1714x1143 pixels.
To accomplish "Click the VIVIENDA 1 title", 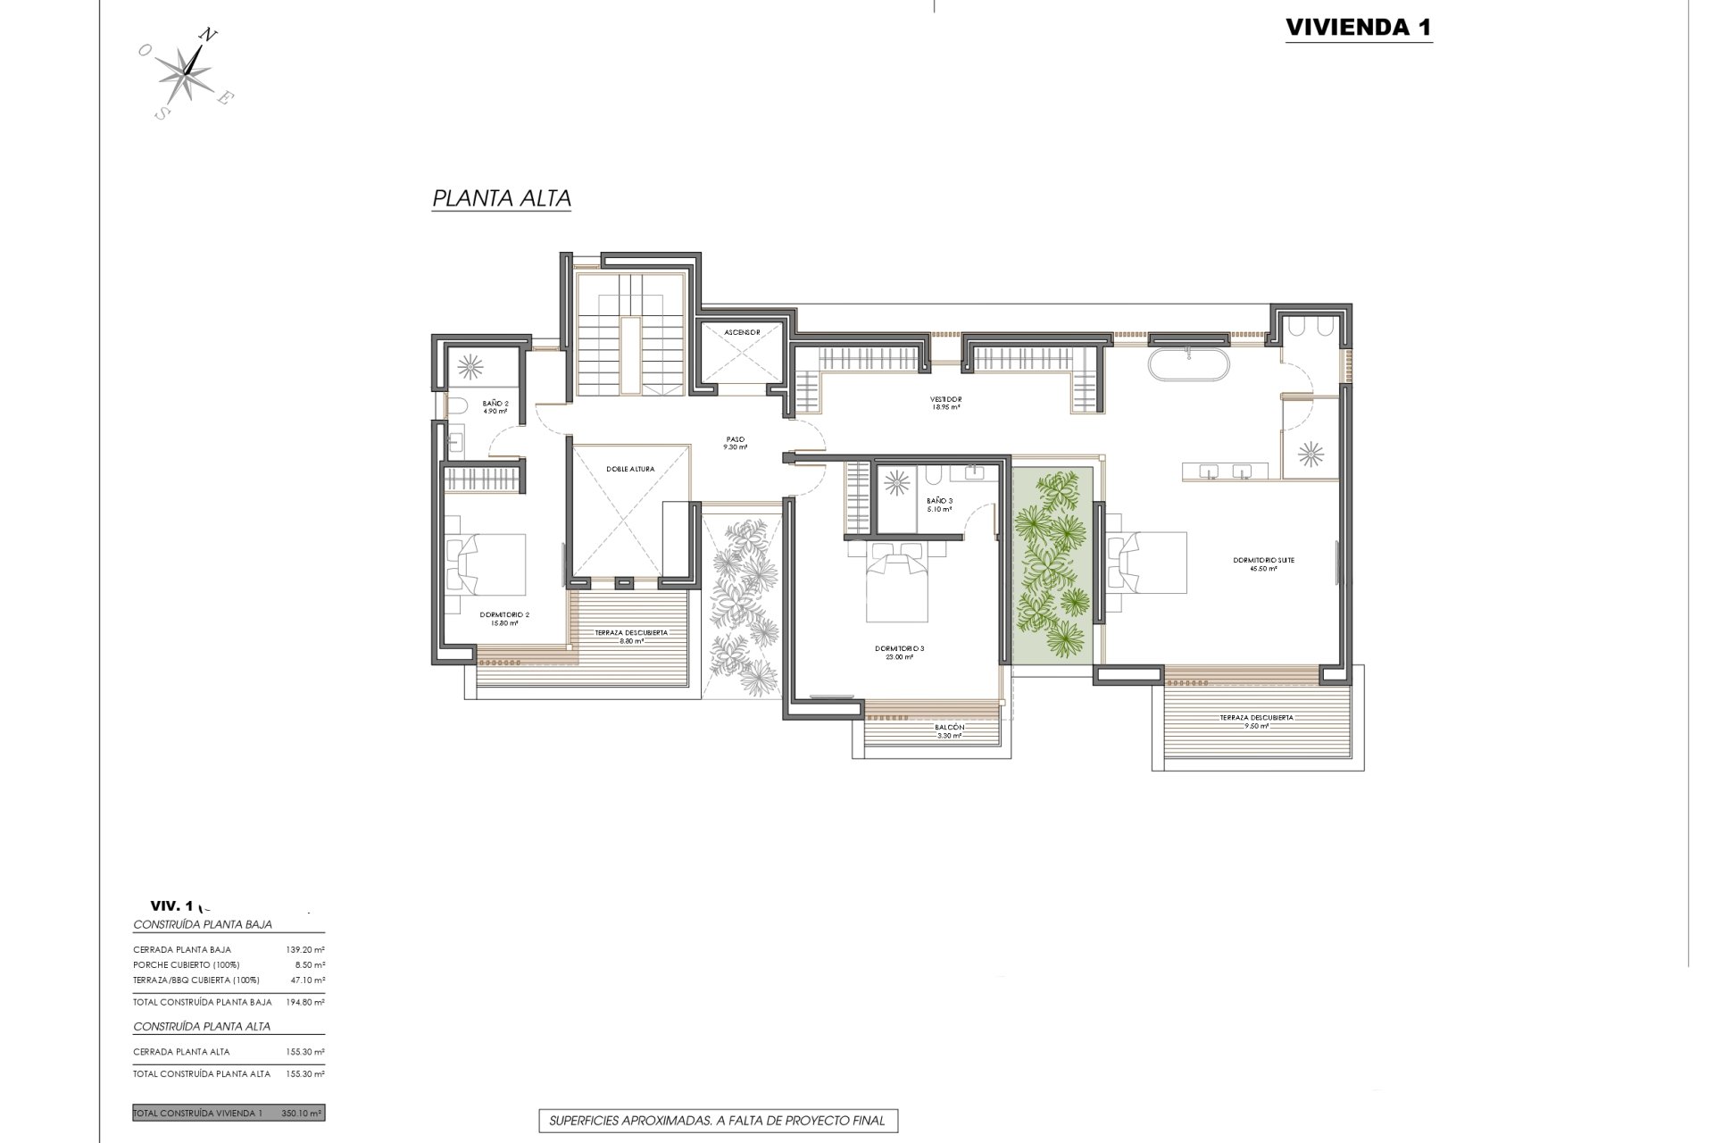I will [1358, 28].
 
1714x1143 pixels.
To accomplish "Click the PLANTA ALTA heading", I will [501, 198].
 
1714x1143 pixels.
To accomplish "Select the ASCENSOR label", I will [742, 332].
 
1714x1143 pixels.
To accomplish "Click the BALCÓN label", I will [949, 729].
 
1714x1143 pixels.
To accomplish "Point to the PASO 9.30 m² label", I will [736, 443].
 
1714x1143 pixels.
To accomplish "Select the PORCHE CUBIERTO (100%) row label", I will [187, 965].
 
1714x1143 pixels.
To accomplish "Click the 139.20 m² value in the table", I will [304, 950].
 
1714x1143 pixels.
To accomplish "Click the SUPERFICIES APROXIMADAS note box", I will [717, 1121].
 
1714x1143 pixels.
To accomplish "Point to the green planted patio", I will [1053, 566].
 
